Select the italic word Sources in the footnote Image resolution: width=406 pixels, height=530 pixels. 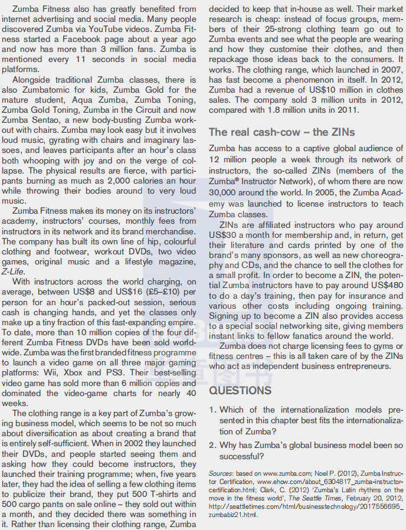click(221, 473)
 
